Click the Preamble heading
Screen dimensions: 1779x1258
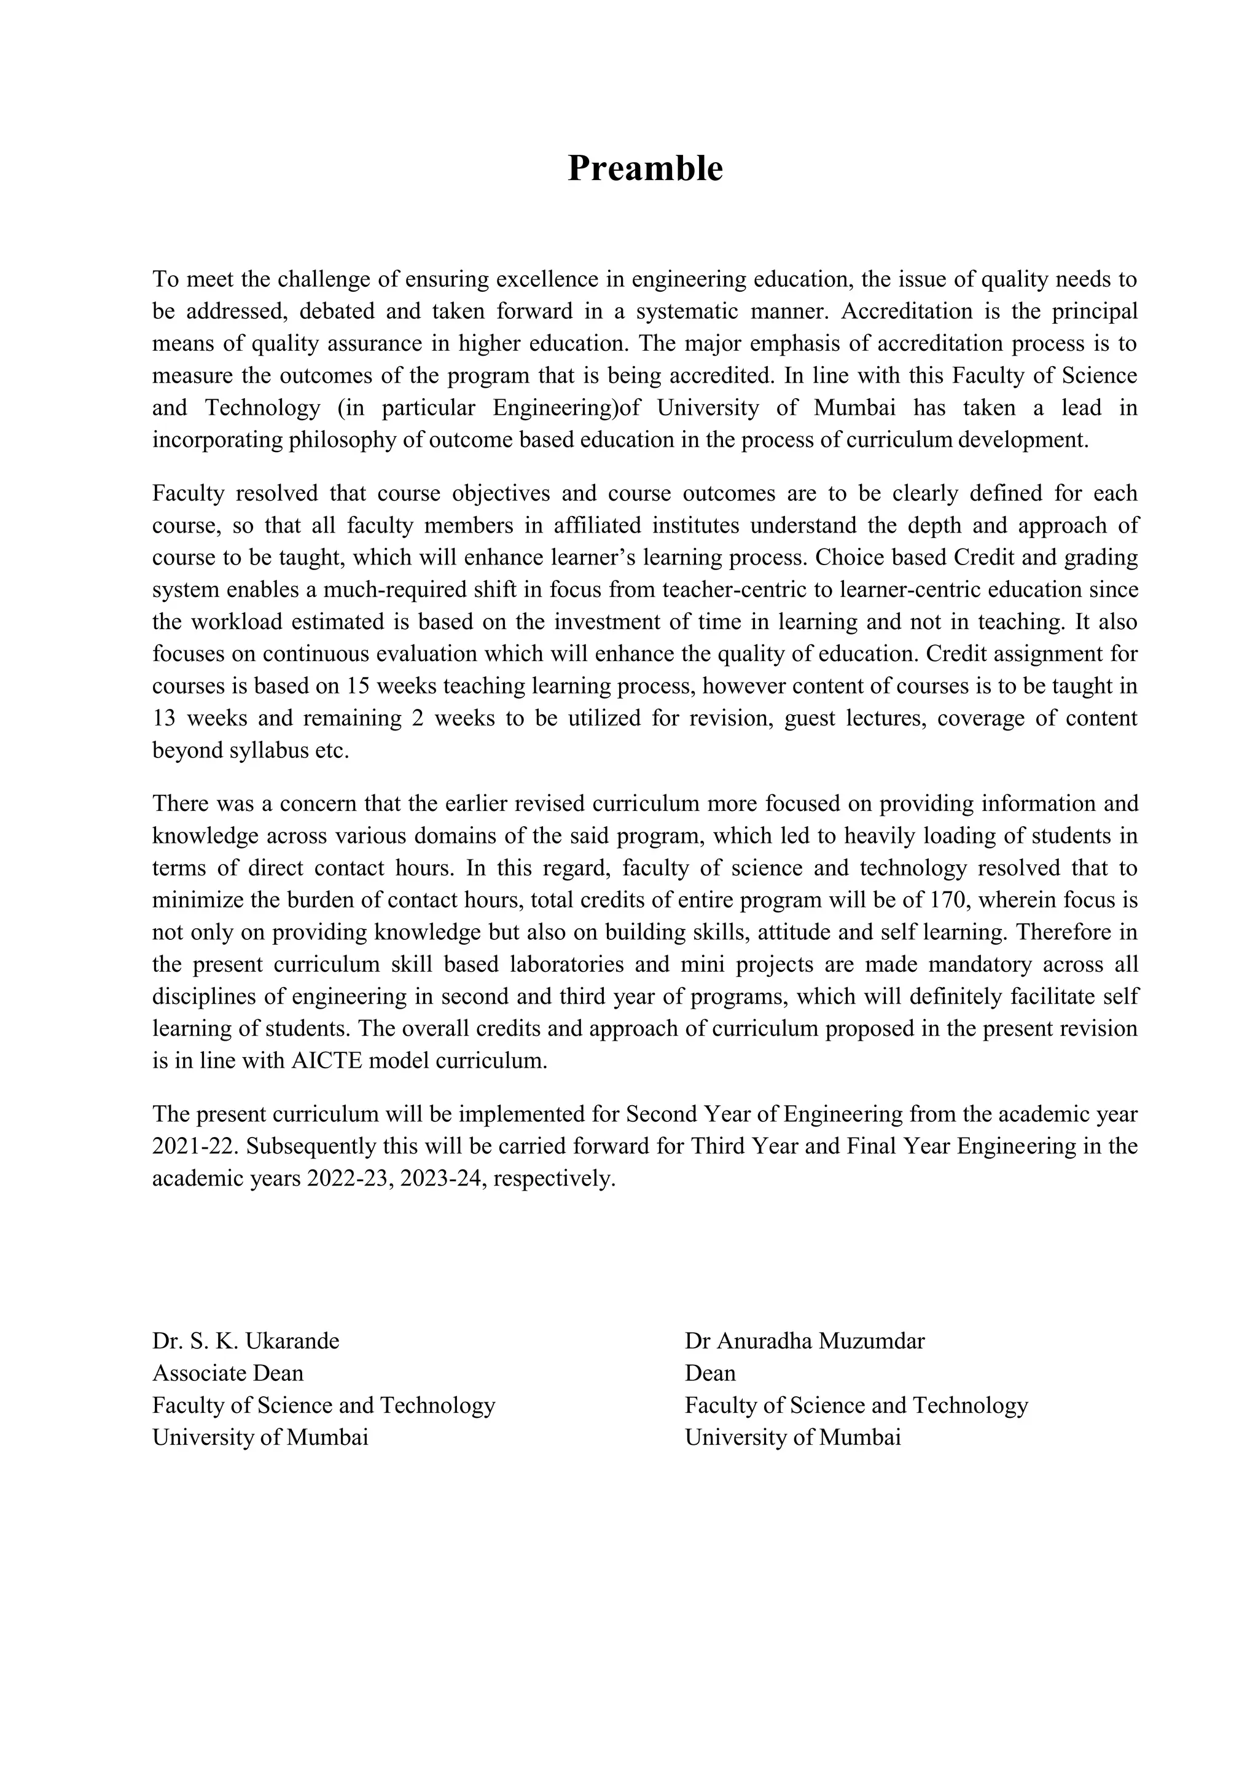pos(644,168)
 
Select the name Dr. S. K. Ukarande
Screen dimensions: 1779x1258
pos(246,1341)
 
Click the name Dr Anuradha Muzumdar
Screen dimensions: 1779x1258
pos(804,1341)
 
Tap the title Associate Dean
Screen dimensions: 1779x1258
pos(228,1374)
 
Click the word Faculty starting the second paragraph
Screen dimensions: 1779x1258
pos(188,493)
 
